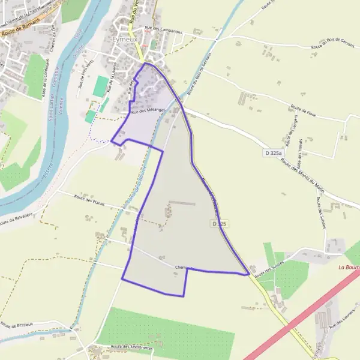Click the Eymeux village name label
pyautogui.click(x=124, y=39)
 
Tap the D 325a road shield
pyautogui.click(x=273, y=154)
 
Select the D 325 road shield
pyautogui.click(x=219, y=224)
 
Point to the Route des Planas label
pyautogui.click(x=89, y=200)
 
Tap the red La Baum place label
pyautogui.click(x=349, y=267)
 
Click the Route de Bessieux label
pyautogui.click(x=16, y=326)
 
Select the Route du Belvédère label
pyautogui.click(x=16, y=219)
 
